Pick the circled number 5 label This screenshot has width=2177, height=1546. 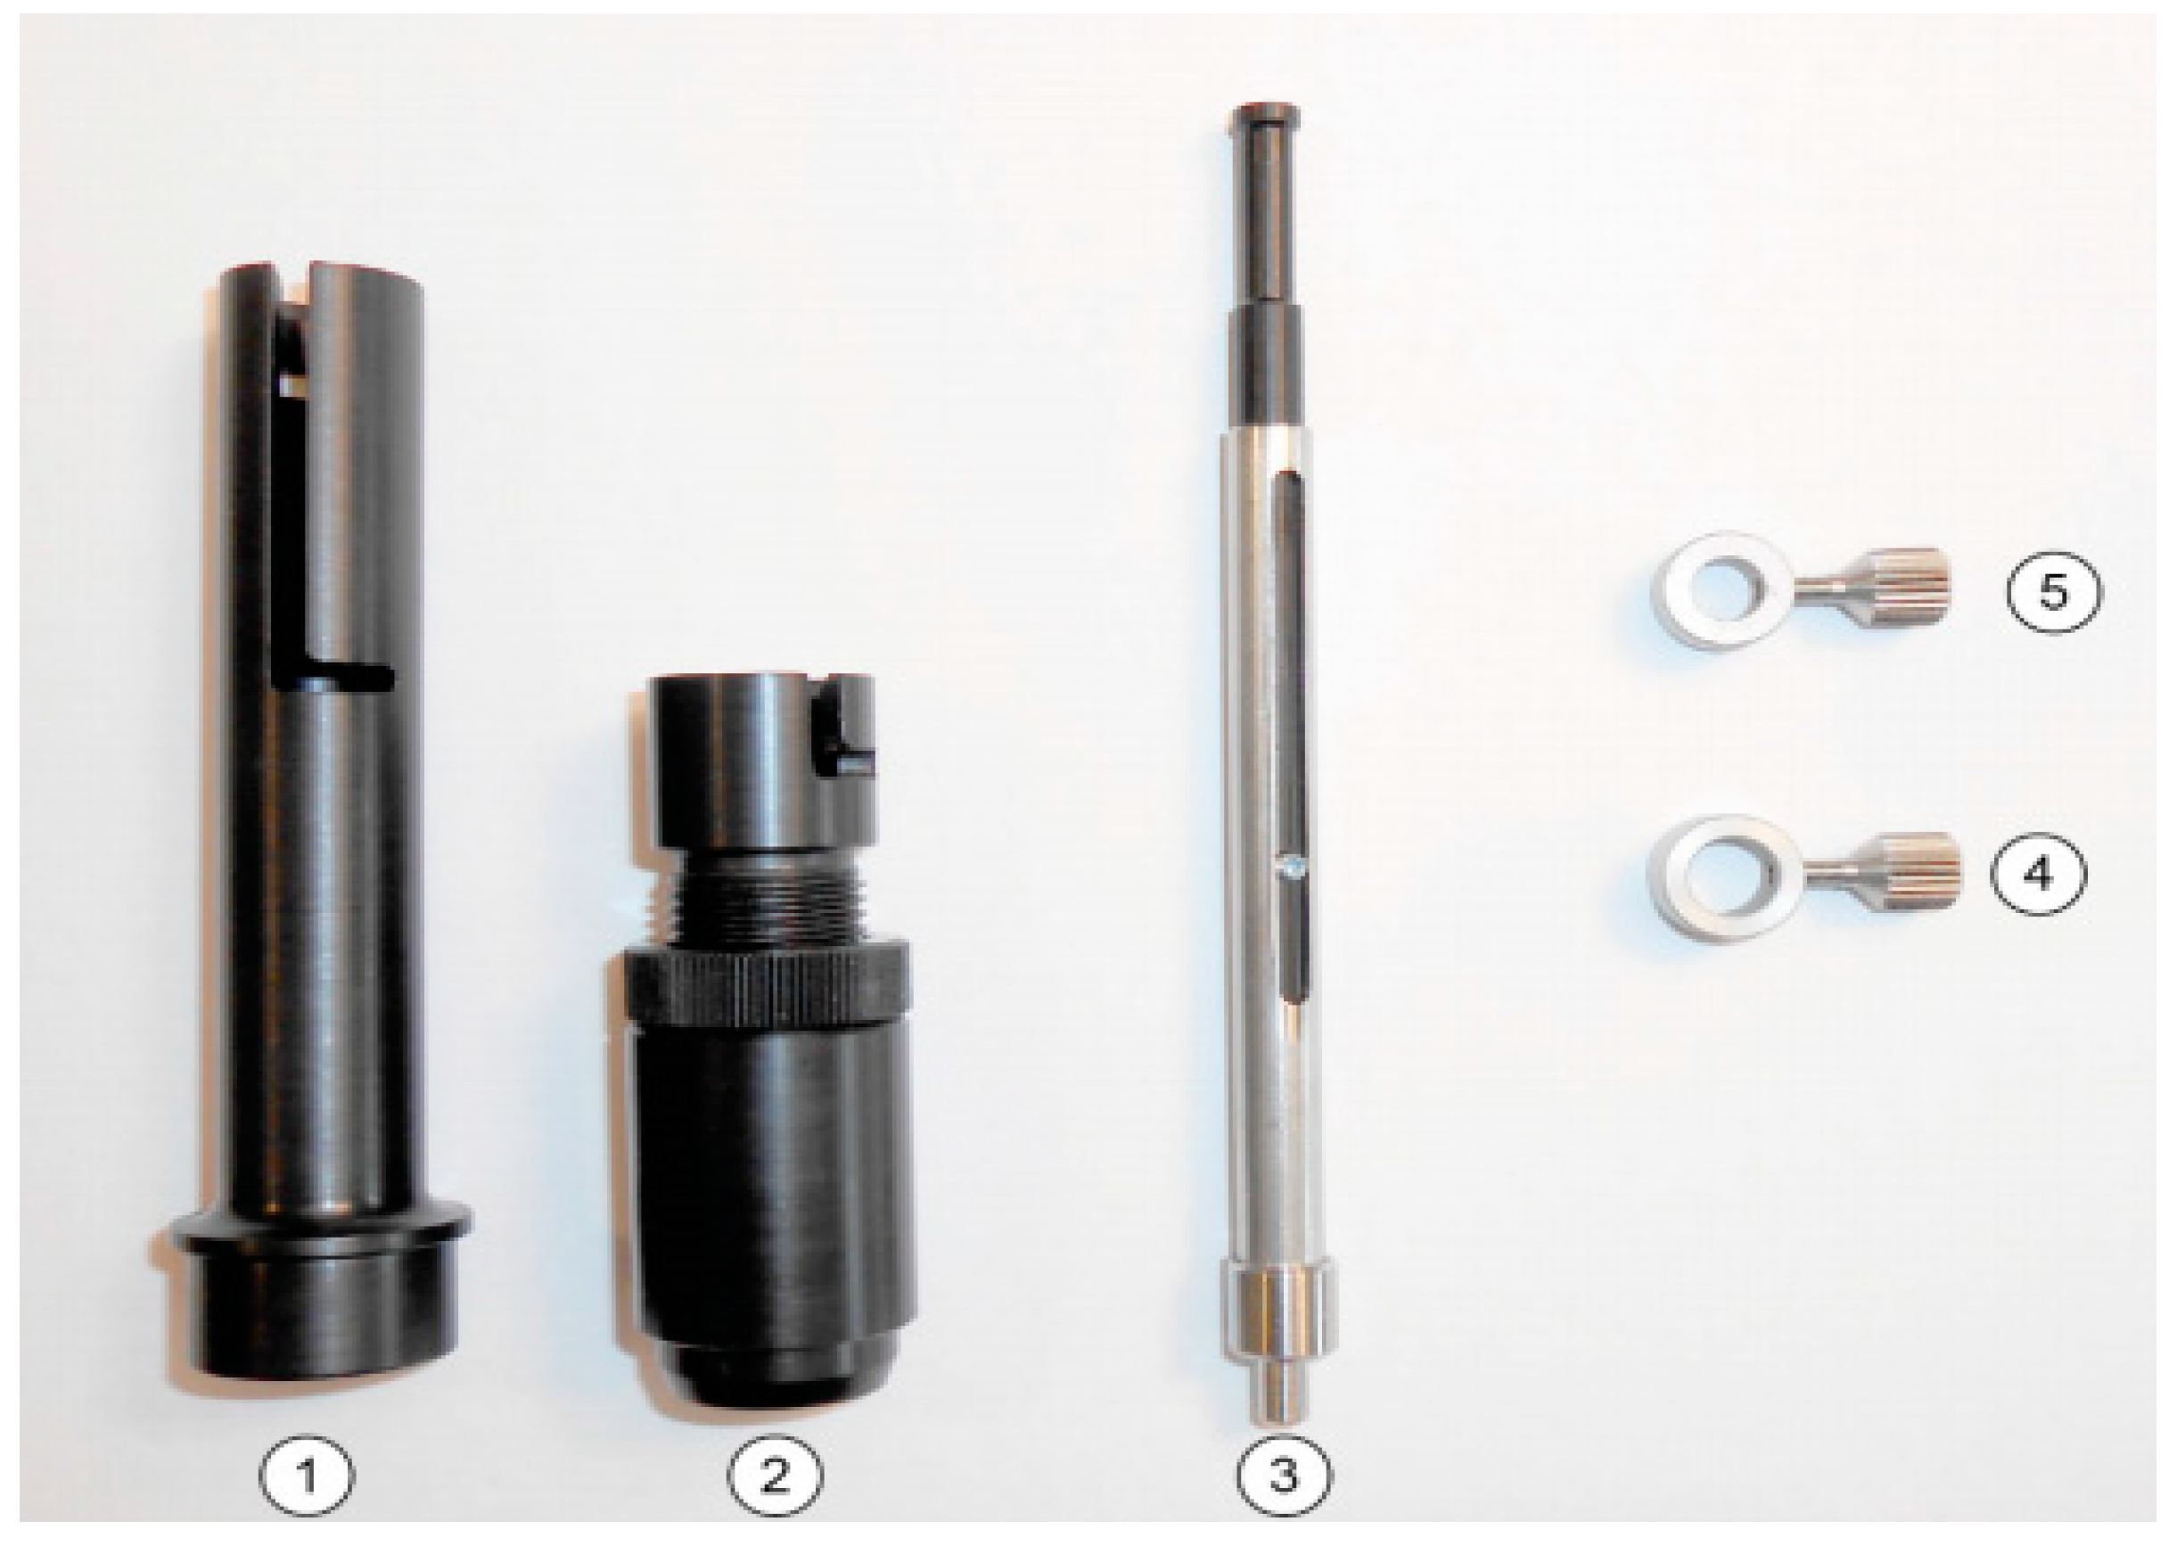pos(2052,591)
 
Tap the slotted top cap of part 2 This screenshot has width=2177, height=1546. pos(761,762)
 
